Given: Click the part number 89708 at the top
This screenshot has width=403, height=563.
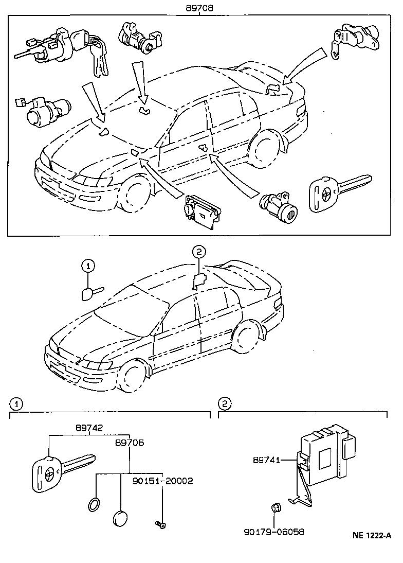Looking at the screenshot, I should point(199,8).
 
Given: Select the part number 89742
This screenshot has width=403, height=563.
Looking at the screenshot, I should point(88,428).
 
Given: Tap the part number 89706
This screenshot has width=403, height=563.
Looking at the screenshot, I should point(130,443).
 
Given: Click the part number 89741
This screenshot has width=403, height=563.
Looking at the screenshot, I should point(266,460).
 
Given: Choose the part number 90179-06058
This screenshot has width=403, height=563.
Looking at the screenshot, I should point(273,532).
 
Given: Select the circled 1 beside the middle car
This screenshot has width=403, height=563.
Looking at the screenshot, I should point(88,266).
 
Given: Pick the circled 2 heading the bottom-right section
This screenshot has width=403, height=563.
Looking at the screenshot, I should point(224,403).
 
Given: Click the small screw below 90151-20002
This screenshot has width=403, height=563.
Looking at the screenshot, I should point(160,524).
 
